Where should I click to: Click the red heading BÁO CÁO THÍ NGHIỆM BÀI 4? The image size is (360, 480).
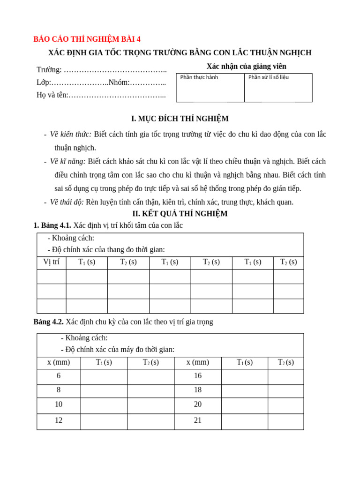pyautogui.click(x=87, y=39)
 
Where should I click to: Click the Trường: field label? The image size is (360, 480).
pyautogui.click(x=49, y=70)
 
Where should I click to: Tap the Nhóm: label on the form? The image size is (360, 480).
pyautogui.click(x=119, y=82)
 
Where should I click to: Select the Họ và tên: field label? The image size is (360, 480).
pyautogui.click(x=52, y=95)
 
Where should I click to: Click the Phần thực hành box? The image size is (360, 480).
pyautogui.click(x=210, y=88)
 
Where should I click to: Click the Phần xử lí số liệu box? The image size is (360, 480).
pyautogui.click(x=278, y=88)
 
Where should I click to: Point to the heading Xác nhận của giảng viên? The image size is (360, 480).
pyautogui.click(x=246, y=67)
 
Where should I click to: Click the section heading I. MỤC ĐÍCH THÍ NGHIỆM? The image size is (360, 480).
pyautogui.click(x=180, y=119)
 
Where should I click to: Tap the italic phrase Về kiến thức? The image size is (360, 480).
pyautogui.click(x=71, y=135)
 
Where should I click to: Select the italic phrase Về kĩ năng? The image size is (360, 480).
pyautogui.click(x=68, y=162)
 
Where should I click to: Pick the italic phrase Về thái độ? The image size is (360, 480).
pyautogui.click(x=67, y=202)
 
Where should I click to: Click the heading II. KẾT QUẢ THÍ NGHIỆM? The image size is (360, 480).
pyautogui.click(x=180, y=214)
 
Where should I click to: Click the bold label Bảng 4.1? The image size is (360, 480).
pyautogui.click(x=52, y=225)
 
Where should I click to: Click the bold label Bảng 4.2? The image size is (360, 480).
pyautogui.click(x=49, y=322)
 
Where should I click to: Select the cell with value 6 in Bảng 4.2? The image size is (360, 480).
pyautogui.click(x=59, y=376)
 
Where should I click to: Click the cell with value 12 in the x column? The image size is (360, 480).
pyautogui.click(x=59, y=420)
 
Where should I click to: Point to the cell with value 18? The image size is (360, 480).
pyautogui.click(x=198, y=390)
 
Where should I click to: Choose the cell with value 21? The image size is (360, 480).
pyautogui.click(x=198, y=420)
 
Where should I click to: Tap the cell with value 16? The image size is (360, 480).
pyautogui.click(x=198, y=376)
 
